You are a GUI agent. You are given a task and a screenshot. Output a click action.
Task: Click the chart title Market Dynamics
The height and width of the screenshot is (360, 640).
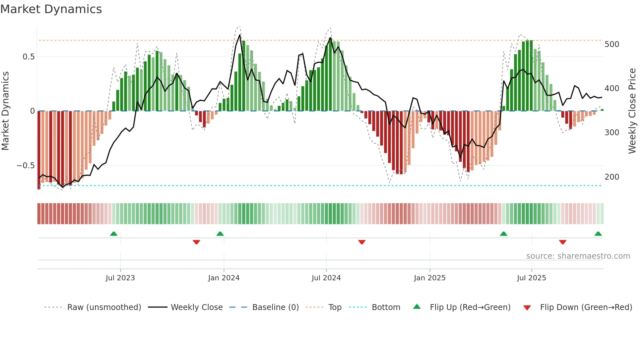coord(51,9)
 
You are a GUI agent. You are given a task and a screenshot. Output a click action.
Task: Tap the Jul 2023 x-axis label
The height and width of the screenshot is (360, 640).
coord(120,278)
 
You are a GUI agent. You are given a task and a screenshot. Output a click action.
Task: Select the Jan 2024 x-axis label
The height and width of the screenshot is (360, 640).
coord(224,278)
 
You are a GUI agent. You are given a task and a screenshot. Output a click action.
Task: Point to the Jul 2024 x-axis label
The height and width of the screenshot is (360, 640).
coord(326,278)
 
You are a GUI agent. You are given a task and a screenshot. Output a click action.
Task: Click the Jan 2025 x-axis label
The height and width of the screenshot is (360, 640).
coord(429,278)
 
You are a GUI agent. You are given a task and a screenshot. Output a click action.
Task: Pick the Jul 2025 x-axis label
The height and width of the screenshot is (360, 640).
coord(531,278)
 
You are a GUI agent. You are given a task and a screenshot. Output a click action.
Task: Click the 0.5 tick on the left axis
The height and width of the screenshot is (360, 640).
coord(28,57)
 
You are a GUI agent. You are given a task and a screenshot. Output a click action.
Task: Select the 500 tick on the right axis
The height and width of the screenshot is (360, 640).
coord(612,44)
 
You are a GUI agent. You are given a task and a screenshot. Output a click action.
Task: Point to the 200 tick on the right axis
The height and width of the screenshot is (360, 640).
coord(612,177)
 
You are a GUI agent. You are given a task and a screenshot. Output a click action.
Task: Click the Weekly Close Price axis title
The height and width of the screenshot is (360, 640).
coord(632,111)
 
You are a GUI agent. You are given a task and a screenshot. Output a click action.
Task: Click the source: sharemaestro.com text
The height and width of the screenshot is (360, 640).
coord(578,256)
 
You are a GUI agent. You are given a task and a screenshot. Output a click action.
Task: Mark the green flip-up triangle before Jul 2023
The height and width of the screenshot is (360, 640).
coord(114,234)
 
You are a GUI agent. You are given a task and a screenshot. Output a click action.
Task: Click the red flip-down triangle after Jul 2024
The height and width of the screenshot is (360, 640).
coord(361,242)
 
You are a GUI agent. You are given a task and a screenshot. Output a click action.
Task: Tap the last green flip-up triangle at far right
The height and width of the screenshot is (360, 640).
coord(598,234)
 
